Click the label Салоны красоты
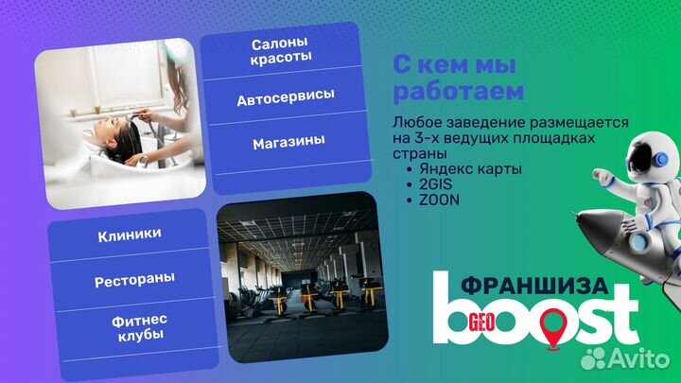pyautogui.click(x=282, y=51)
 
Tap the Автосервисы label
pyautogui.click(x=286, y=98)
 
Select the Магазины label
pyautogui.click(x=288, y=142)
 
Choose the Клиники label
pyautogui.click(x=129, y=235)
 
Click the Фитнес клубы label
pyautogui.click(x=135, y=328)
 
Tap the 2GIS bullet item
pyautogui.click(x=428, y=184)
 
